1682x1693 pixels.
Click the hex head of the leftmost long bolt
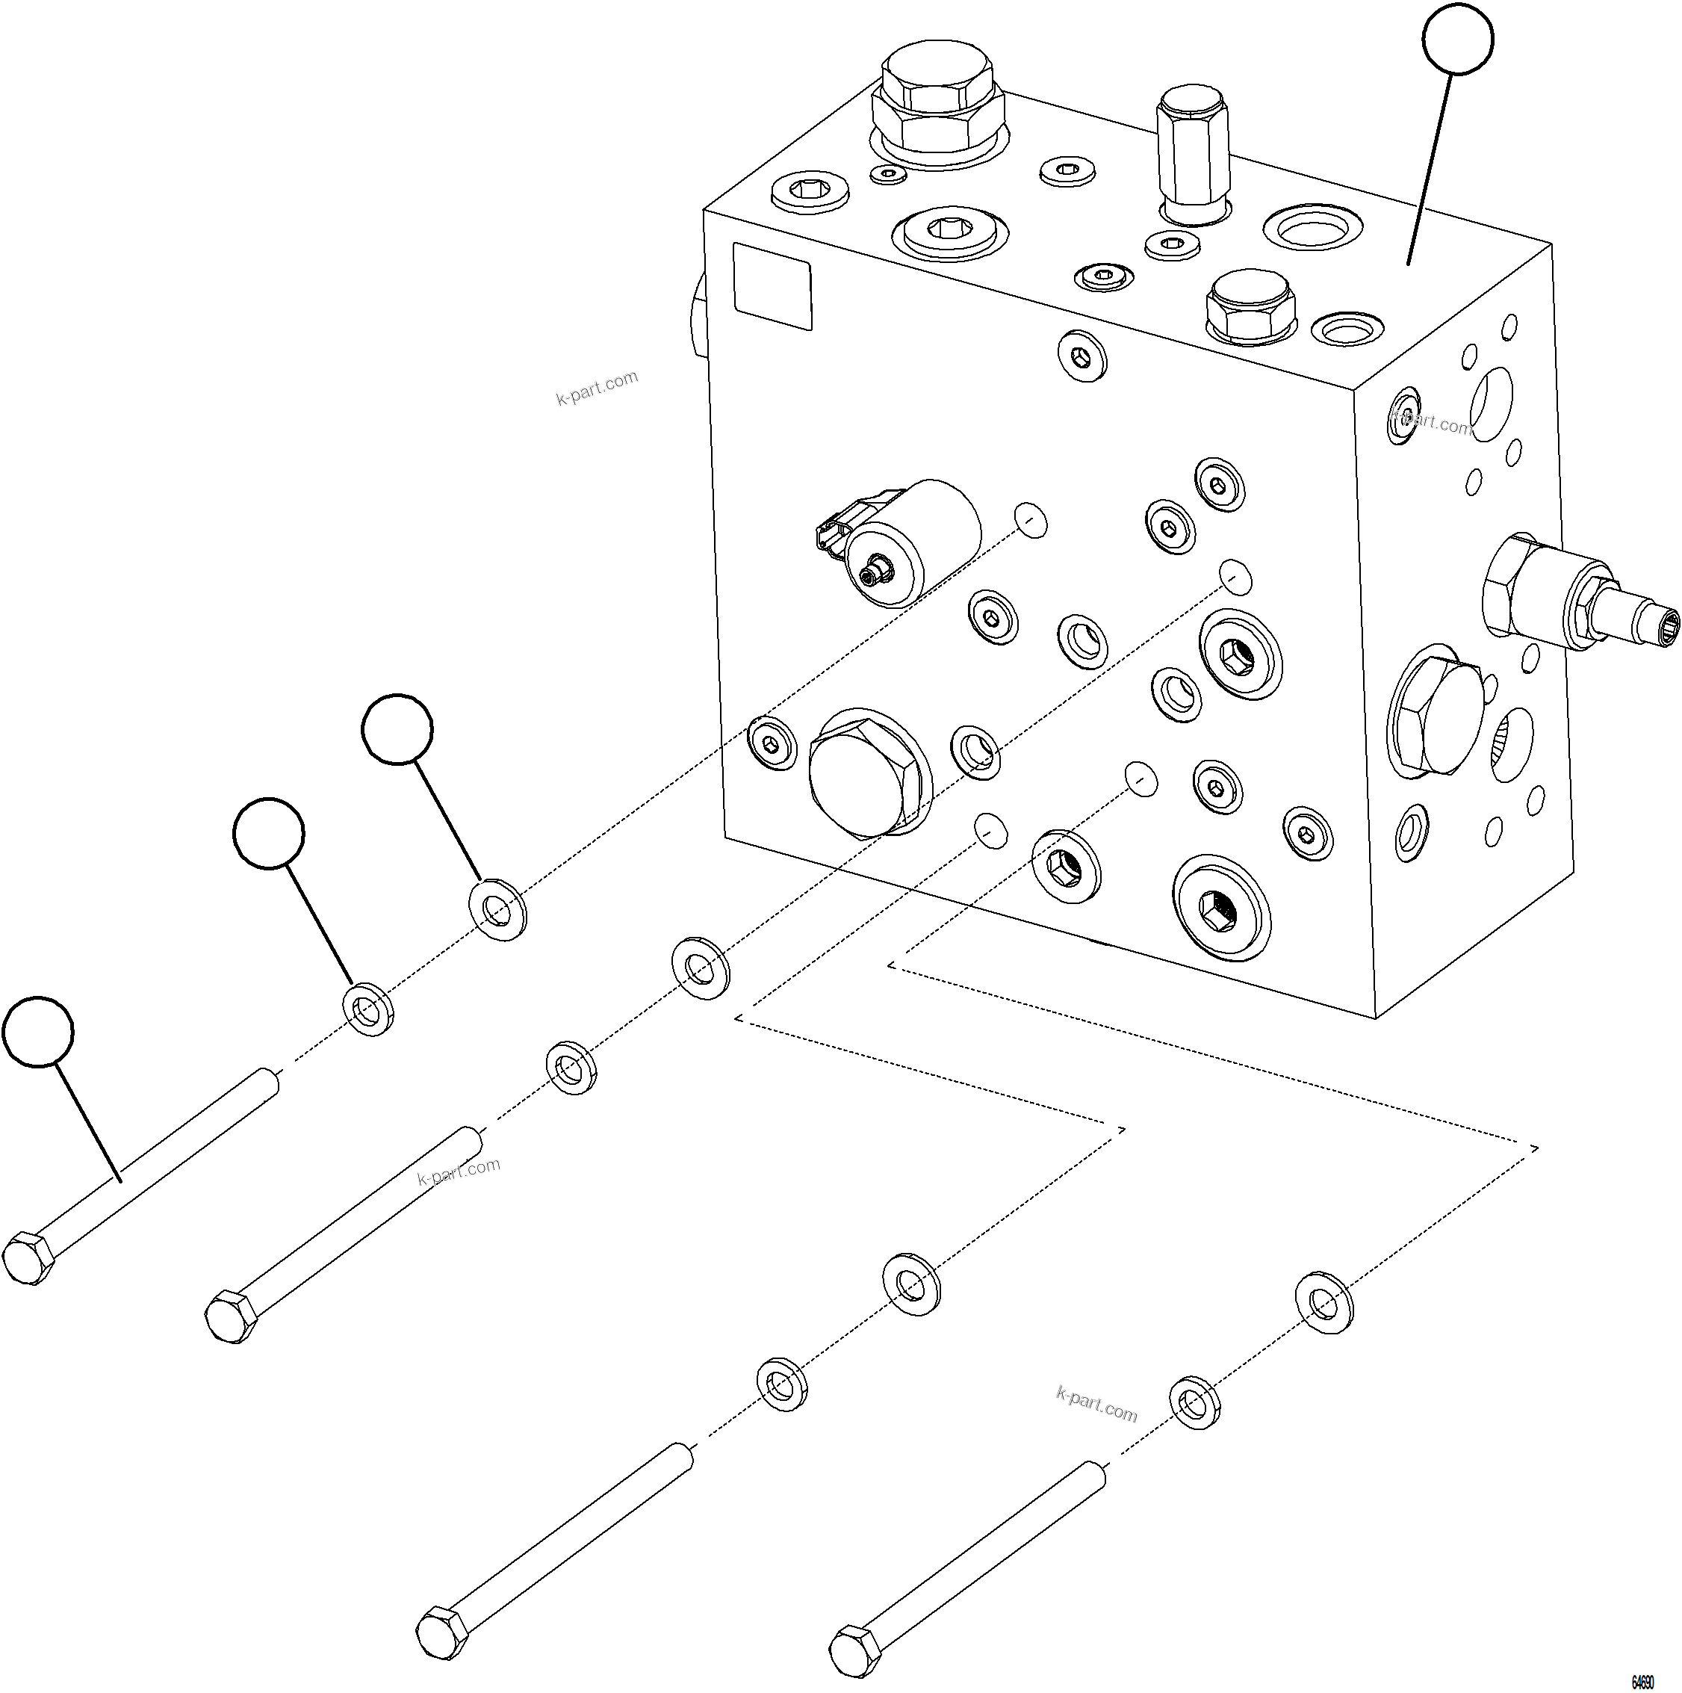(x=29, y=1259)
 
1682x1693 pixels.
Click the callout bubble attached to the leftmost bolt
(x=37, y=1030)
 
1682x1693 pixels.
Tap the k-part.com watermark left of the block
(x=597, y=389)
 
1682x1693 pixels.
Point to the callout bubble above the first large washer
(x=397, y=728)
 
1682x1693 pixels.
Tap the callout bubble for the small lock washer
(x=269, y=832)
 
